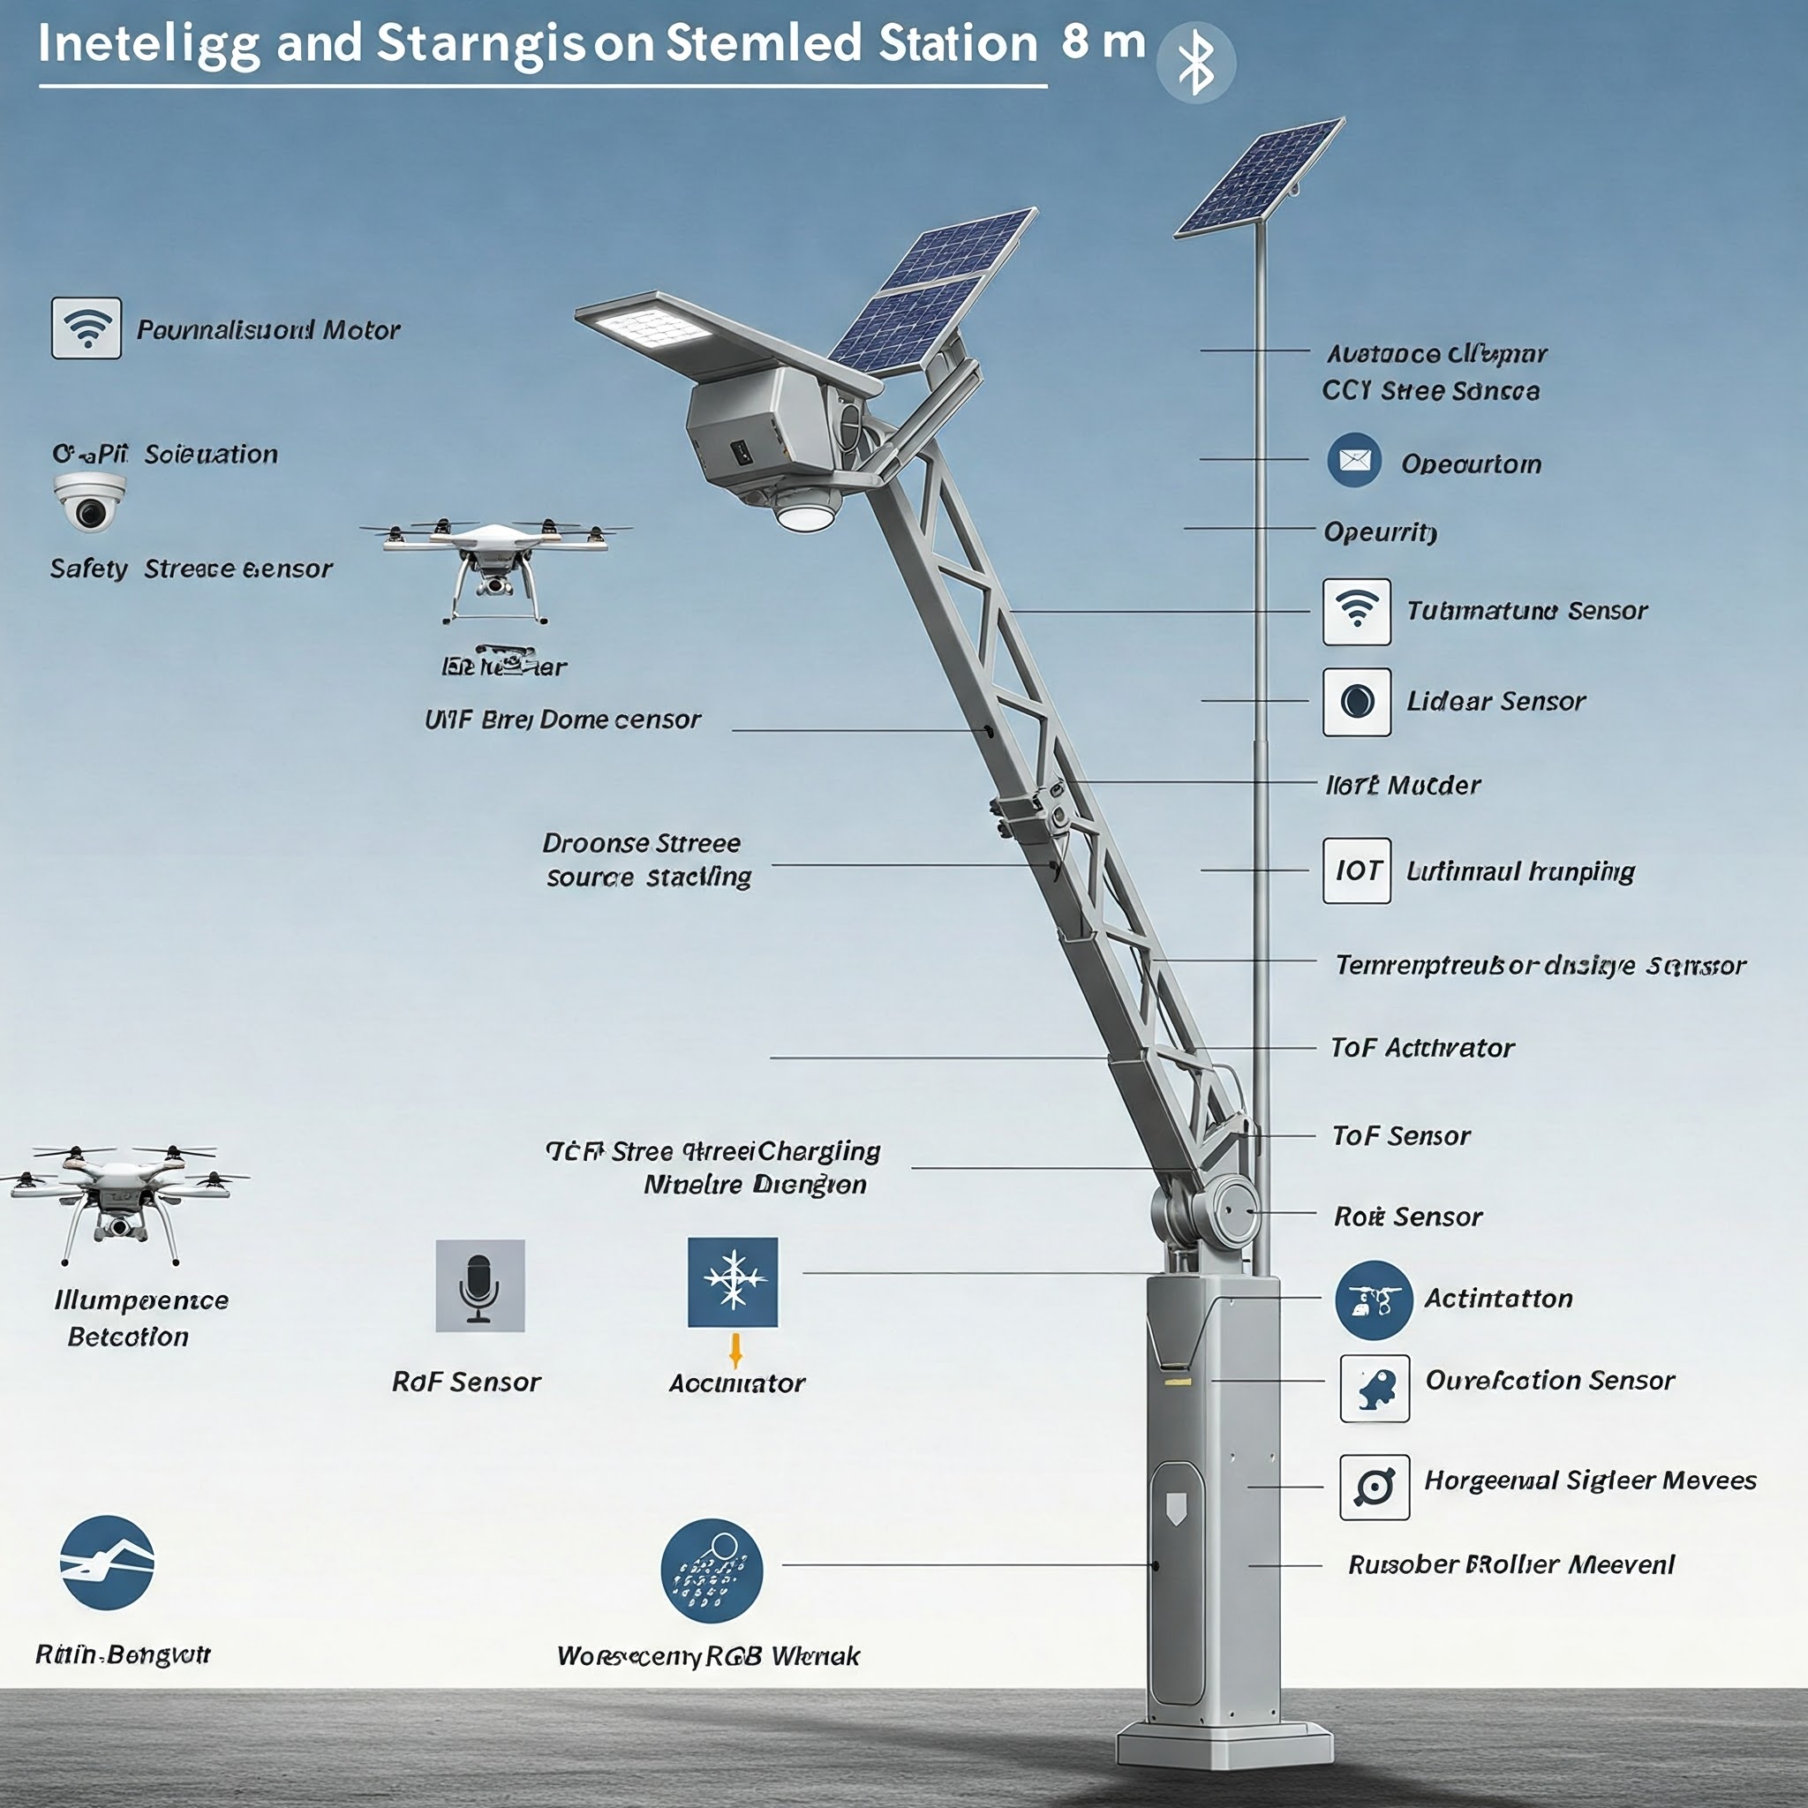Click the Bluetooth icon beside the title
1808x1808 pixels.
(x=1195, y=63)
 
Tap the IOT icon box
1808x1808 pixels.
(x=1356, y=870)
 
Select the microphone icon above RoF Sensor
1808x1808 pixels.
(x=480, y=1284)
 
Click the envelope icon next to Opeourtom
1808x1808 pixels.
(x=1354, y=461)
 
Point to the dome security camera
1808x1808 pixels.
(x=89, y=501)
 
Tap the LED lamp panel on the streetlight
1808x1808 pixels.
(x=646, y=328)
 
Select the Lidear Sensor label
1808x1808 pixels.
(x=1495, y=702)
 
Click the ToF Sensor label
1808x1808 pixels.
(x=1401, y=1136)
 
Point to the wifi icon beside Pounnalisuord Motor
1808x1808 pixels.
(x=87, y=328)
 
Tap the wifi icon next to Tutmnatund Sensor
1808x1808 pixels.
(x=1356, y=611)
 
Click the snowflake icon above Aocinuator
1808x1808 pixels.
(x=733, y=1282)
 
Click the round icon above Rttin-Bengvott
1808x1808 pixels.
(x=107, y=1562)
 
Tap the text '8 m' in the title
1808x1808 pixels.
(x=1104, y=42)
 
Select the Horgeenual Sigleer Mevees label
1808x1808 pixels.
(x=1590, y=1480)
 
